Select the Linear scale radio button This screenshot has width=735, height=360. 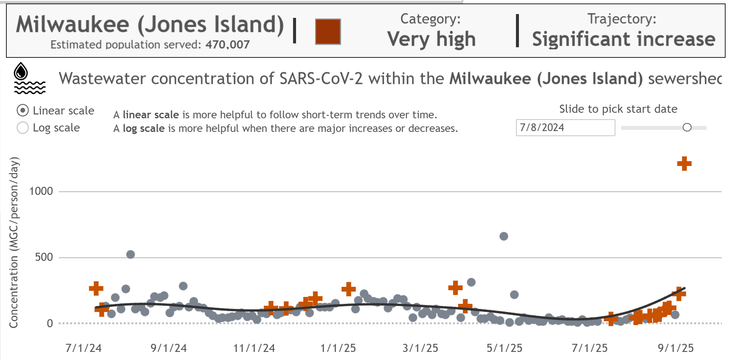coord(23,111)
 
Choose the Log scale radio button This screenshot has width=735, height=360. coord(23,128)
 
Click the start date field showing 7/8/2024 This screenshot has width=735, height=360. coord(565,128)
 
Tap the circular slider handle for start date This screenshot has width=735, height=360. coord(687,127)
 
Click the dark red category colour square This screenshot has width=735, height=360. coord(328,31)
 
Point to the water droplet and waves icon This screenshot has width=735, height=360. coord(29,78)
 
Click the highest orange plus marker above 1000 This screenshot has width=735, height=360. coord(684,163)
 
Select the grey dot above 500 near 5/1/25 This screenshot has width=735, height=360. coord(504,236)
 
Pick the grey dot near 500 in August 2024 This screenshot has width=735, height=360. coord(131,254)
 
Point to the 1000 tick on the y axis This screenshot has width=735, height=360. coord(41,191)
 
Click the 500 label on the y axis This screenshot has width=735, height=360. coord(44,257)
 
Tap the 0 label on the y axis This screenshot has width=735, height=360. coord(50,323)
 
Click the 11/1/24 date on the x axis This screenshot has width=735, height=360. coord(254,348)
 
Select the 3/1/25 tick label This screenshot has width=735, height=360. coord(420,348)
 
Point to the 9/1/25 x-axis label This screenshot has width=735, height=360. coord(675,348)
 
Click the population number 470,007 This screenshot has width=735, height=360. coord(228,44)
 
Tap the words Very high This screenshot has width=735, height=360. coord(431,39)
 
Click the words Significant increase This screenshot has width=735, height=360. coord(624,39)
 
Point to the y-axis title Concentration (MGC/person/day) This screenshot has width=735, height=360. coord(14,243)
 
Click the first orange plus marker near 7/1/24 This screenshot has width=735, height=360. coord(96,288)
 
